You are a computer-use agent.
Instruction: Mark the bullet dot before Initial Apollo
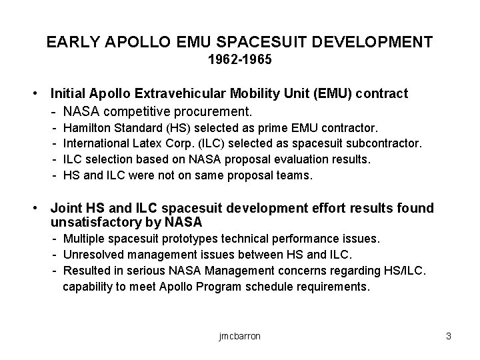pos(42,94)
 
